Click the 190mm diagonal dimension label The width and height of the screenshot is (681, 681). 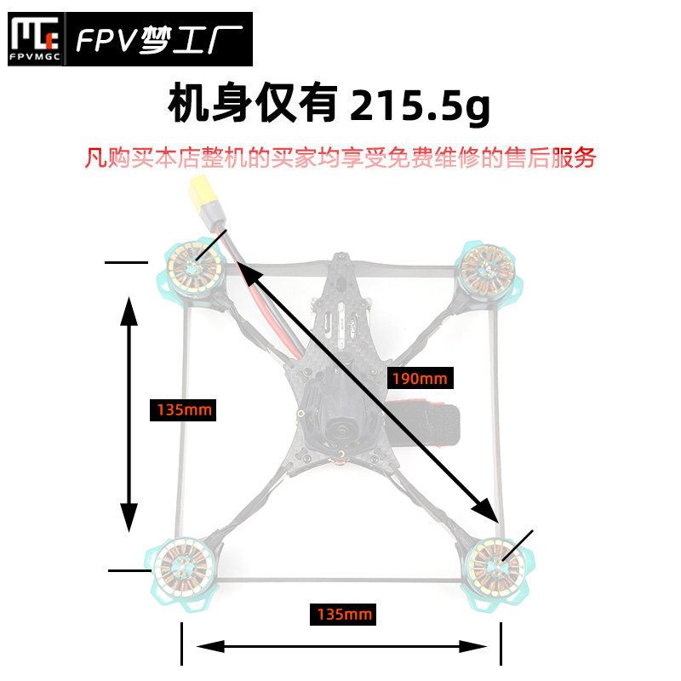420,378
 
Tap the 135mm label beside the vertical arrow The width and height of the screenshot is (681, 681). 183,410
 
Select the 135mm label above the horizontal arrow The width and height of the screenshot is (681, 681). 343,614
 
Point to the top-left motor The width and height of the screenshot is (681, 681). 194,269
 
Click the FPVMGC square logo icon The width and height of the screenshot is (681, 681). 35,39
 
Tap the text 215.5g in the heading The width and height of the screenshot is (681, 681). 420,104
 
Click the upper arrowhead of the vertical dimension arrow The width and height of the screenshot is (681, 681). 129,311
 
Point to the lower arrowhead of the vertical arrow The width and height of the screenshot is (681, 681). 129,518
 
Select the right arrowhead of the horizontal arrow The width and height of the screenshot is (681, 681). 472,646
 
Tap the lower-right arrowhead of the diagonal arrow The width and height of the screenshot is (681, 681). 486,511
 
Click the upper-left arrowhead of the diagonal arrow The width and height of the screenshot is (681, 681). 249,272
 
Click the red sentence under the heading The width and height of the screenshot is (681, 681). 340,157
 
